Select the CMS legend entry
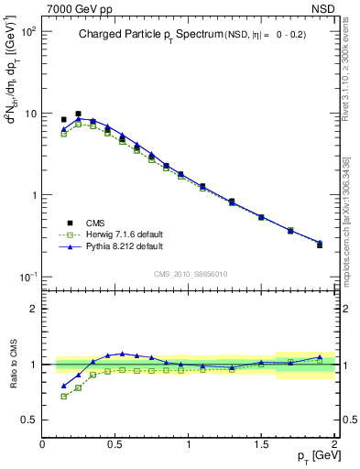[97, 222]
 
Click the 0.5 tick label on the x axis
[115, 444]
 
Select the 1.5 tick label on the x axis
[261, 444]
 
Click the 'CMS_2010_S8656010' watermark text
[189, 274]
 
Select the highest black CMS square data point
[78, 114]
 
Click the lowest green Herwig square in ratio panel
[63, 396]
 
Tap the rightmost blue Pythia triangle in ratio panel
[320, 357]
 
